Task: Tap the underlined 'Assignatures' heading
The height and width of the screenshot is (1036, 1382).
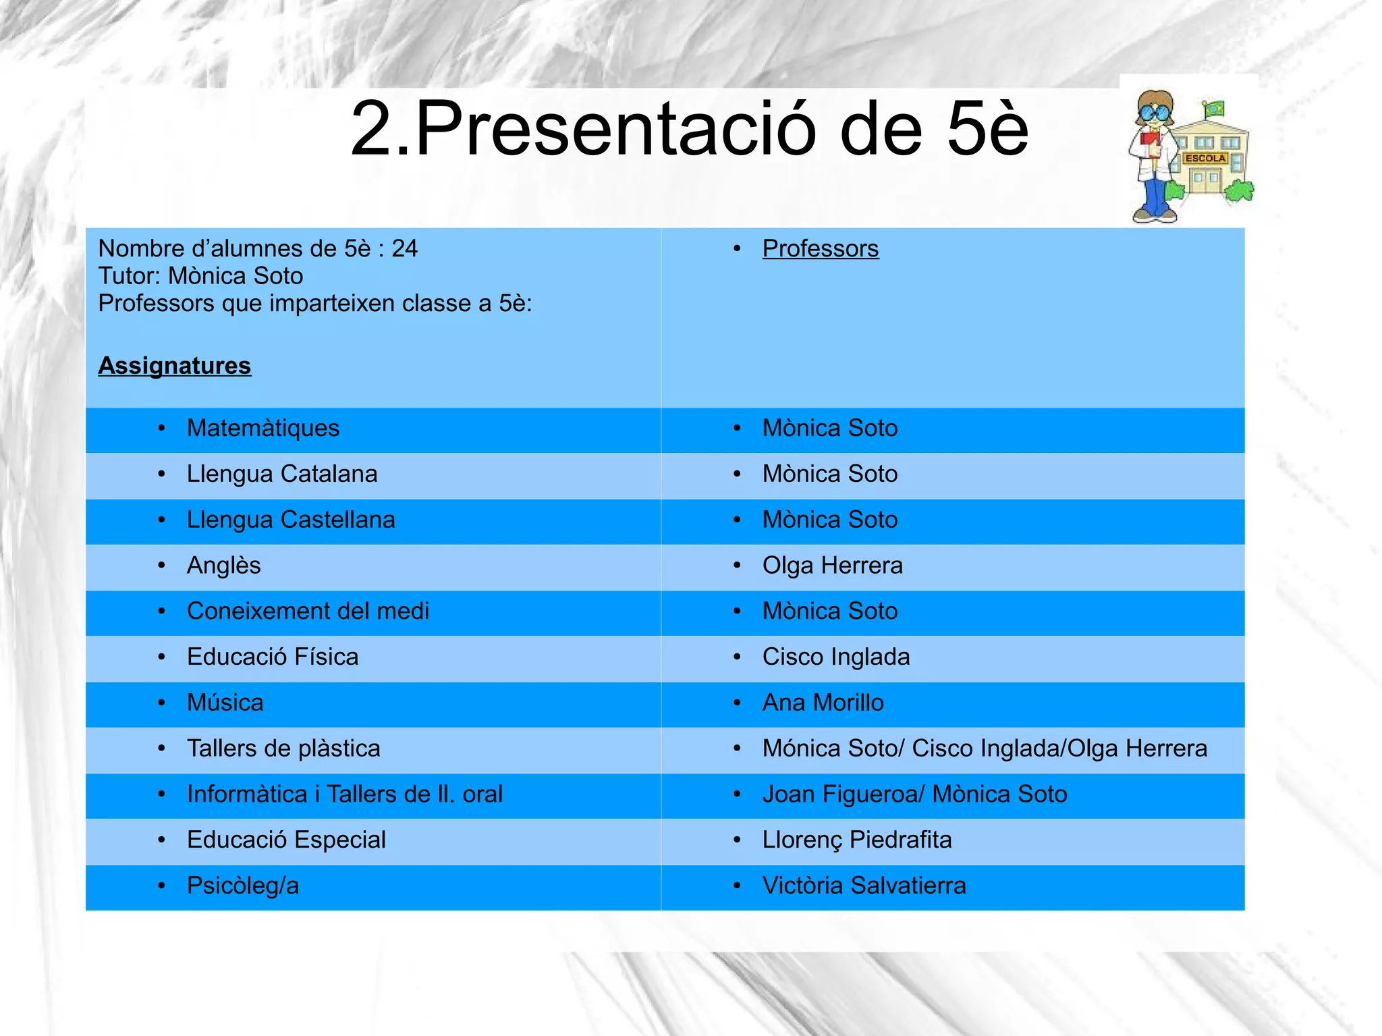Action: tap(175, 366)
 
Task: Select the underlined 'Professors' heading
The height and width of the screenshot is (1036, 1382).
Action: tap(820, 248)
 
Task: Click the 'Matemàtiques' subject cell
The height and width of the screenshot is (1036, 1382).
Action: tap(263, 428)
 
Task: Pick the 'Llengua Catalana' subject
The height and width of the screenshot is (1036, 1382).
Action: tap(282, 474)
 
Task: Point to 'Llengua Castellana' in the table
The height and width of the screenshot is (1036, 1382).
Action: tap(291, 520)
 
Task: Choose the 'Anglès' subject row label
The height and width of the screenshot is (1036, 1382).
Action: tap(224, 566)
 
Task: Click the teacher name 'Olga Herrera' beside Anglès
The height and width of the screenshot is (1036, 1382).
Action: tap(832, 566)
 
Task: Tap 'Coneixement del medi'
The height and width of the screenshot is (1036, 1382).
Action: tap(308, 611)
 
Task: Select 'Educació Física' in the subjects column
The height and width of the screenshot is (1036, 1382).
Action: tap(273, 657)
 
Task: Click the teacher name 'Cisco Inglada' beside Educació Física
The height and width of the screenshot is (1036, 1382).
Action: tap(836, 657)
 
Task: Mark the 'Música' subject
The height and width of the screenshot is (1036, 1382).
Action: tap(225, 703)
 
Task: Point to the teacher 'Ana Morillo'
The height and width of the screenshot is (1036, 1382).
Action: tap(823, 703)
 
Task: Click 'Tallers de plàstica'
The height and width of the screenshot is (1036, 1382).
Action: tap(283, 748)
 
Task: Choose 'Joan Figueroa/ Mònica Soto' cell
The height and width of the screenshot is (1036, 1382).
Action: tap(914, 794)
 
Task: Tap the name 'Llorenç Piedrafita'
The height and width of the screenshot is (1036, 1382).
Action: tap(857, 840)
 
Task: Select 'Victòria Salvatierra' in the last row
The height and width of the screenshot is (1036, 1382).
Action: tap(864, 885)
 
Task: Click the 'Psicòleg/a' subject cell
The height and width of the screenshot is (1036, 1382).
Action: tap(243, 885)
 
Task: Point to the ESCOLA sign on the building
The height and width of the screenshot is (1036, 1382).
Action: tap(1205, 158)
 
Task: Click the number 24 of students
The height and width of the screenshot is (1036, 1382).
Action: tap(404, 248)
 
